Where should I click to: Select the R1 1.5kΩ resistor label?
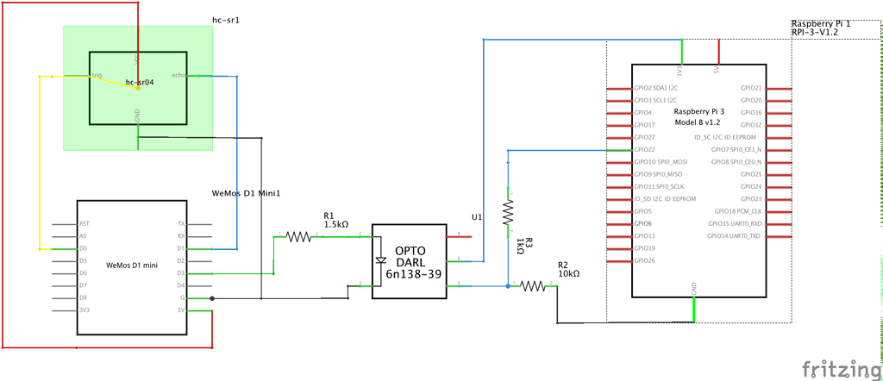(335, 220)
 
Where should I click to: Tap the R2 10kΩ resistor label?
(568, 269)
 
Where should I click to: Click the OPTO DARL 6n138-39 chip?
(410, 261)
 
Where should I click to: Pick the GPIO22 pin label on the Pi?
(643, 150)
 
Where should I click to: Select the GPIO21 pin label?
(751, 88)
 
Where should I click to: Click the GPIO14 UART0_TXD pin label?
(734, 235)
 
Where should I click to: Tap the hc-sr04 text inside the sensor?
(140, 83)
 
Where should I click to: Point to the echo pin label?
(179, 76)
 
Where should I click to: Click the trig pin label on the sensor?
(97, 76)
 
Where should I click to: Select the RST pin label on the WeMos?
(83, 223)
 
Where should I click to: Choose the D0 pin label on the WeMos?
(82, 248)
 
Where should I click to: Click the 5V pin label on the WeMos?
(181, 310)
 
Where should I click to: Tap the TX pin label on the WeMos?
(181, 223)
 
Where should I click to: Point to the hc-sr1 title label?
(225, 19)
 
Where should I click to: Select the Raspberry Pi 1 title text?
(821, 23)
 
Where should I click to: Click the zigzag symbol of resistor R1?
(298, 235)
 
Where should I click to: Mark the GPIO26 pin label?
(643, 260)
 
